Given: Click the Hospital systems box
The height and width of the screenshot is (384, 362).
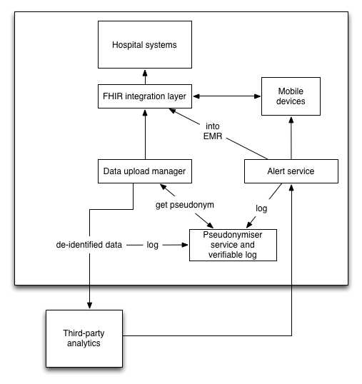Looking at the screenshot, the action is click(x=145, y=44).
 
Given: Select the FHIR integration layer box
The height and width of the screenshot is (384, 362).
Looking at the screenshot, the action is click(x=145, y=96).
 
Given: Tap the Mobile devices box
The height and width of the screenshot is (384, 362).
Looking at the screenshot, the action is click(x=291, y=96).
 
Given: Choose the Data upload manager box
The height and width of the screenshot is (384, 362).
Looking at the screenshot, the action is click(x=145, y=171).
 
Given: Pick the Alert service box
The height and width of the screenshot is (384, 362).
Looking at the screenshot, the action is click(x=291, y=171).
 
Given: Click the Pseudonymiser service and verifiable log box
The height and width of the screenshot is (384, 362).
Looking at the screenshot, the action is click(x=233, y=245).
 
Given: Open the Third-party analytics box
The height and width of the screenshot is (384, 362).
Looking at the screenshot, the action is click(x=84, y=338).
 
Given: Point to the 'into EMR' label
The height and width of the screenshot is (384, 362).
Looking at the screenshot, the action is click(x=213, y=131).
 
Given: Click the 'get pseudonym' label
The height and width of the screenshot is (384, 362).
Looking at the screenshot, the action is click(x=185, y=205).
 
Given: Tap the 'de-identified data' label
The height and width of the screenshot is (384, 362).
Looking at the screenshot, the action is click(x=89, y=245).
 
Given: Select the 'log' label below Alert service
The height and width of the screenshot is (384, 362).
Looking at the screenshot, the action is click(x=261, y=208).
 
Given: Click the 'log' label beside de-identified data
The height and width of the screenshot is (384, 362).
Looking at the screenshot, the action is click(x=152, y=245).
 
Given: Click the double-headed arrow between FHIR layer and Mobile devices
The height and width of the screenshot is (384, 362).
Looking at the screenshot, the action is click(x=227, y=96).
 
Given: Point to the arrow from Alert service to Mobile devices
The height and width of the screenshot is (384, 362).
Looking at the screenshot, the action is click(x=291, y=138).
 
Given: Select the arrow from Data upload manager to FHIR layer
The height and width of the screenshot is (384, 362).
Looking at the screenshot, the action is click(x=145, y=135).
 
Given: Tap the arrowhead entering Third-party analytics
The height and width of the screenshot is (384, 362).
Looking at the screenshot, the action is click(x=90, y=305).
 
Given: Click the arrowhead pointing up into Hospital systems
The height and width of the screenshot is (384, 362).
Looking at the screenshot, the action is click(x=145, y=74).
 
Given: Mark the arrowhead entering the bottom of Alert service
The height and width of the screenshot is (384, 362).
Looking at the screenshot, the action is click(x=291, y=188).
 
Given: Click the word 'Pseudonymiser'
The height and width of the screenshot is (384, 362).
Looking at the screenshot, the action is click(x=233, y=235).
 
